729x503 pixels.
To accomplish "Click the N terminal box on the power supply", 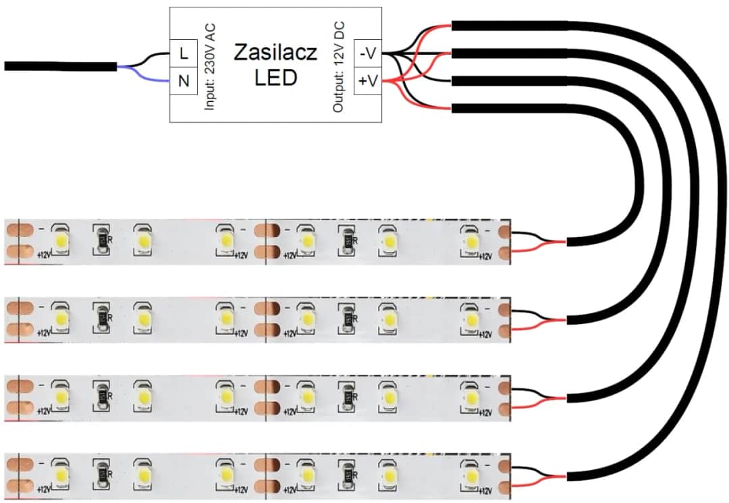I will (x=183, y=82).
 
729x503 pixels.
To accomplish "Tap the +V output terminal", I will (x=368, y=82).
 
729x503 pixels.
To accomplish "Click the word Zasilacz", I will (x=275, y=53).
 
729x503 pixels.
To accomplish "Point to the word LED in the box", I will (x=275, y=78).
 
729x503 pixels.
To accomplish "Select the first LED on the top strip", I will (x=61, y=240).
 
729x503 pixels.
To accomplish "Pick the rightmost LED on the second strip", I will (x=468, y=317).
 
